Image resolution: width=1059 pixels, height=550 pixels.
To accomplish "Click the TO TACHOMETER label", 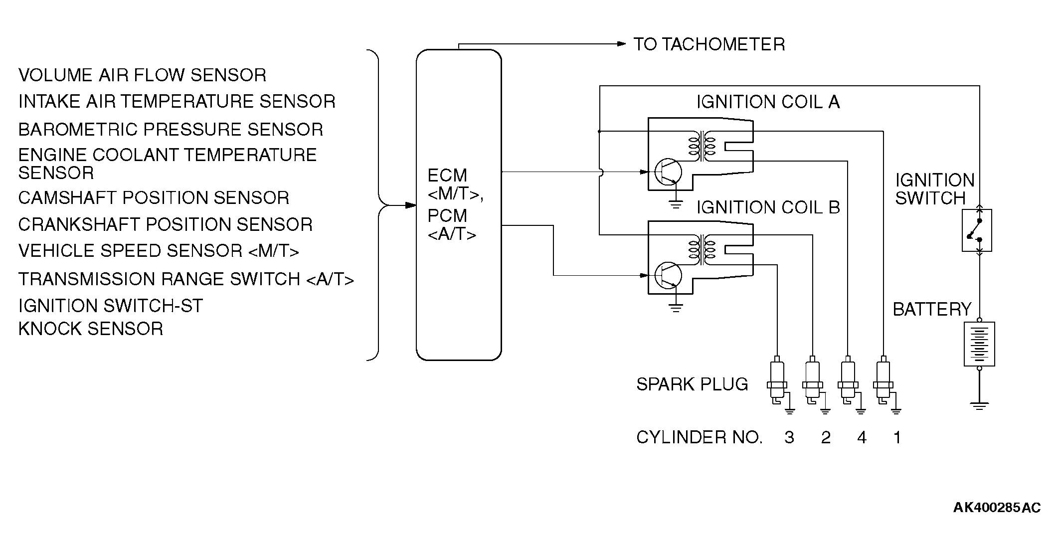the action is click(x=709, y=44).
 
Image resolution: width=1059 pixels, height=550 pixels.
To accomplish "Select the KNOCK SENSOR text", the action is click(x=91, y=329).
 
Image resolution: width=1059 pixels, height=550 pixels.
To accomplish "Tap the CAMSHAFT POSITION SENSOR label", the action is click(x=154, y=198).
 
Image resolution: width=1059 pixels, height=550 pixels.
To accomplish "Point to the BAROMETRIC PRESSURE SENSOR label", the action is click(x=171, y=130).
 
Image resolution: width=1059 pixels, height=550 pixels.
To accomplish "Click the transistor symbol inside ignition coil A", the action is click(x=667, y=172).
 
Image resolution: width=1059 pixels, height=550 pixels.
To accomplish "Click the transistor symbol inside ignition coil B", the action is click(x=667, y=275).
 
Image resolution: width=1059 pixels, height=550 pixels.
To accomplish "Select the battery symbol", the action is click(x=980, y=344).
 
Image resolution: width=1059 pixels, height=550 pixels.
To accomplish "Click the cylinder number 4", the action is click(x=862, y=438).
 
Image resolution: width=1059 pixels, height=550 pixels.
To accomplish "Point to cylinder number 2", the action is click(x=826, y=438).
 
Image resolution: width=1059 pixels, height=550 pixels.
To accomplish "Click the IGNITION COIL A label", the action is click(x=768, y=102).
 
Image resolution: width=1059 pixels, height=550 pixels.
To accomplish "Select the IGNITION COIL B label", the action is click(x=768, y=207).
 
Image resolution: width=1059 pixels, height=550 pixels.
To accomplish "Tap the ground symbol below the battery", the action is click(x=980, y=405).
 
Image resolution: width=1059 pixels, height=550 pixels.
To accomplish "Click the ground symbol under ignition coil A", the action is click(x=676, y=203).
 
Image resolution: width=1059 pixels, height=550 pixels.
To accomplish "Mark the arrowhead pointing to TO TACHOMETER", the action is click(x=621, y=44).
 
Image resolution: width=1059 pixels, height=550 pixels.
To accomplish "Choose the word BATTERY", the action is click(x=932, y=310).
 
